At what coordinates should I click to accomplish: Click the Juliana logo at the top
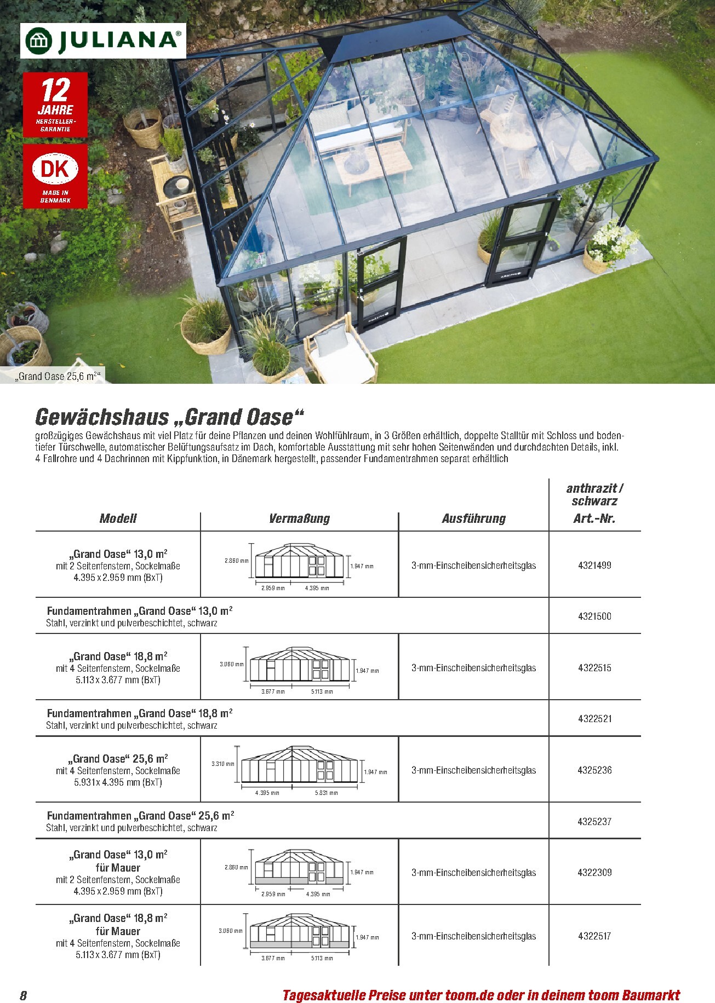103,41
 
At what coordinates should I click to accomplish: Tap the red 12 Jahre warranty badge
55,105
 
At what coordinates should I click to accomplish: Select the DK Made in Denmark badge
55,176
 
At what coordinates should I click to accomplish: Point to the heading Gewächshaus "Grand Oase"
169,417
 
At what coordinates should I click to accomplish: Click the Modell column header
118,518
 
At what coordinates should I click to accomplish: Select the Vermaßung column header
299,518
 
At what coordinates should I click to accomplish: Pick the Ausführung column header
474,518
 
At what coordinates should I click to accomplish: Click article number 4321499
594,566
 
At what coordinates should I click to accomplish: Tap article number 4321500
594,616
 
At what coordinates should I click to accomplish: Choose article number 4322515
594,668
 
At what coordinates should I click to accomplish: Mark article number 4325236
594,770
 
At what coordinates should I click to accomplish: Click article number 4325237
594,821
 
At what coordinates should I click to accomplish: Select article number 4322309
594,873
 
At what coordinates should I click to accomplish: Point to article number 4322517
594,936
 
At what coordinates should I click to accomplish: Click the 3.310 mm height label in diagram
222,764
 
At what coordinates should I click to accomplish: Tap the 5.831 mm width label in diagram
326,793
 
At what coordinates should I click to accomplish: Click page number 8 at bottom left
23,995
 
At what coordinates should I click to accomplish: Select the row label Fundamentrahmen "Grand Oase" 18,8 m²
140,713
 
